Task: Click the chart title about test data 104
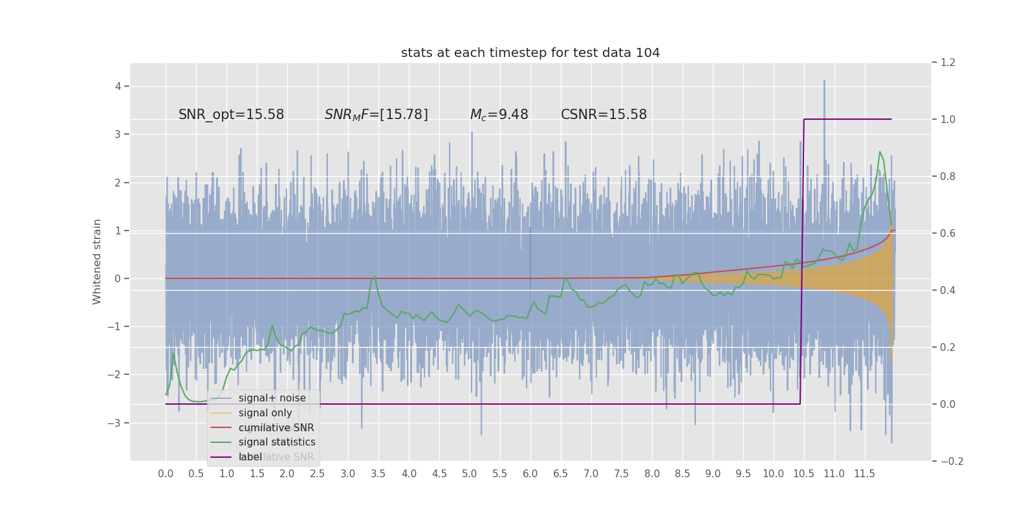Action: pos(530,53)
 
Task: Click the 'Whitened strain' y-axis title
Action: pos(97,262)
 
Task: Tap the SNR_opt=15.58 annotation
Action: pos(231,115)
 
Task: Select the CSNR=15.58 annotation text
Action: pos(604,115)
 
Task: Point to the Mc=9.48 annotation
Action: pos(499,115)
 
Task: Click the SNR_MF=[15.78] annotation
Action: pos(376,115)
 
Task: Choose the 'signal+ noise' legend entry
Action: pos(272,398)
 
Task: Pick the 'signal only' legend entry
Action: pos(265,413)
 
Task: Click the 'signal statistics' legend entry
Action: pos(277,442)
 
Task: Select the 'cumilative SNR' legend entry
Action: pos(276,428)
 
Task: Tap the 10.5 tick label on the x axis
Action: pos(803,474)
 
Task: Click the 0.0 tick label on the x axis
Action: pos(166,474)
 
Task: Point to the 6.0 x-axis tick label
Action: pos(530,474)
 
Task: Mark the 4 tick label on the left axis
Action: pos(118,86)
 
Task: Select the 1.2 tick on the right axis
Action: pos(948,63)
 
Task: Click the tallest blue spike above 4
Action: pos(824,81)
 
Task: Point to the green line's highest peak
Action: pos(880,152)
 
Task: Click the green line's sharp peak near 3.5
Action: pos(375,276)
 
